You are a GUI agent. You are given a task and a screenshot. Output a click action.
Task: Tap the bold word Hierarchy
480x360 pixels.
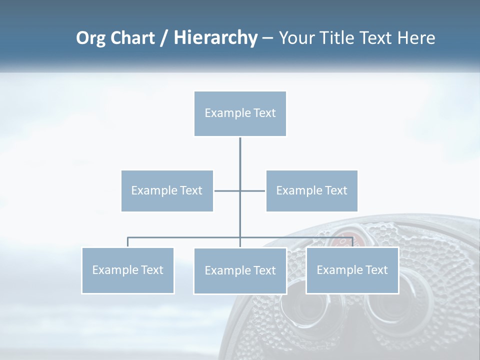215,38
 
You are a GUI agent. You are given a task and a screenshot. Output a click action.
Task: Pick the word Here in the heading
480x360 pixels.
416,38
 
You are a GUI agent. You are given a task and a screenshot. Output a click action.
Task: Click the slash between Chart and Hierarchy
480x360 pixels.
164,38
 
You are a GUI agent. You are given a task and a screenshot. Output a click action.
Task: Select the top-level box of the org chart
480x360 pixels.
240,113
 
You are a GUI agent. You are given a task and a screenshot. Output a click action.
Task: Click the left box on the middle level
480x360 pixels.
167,190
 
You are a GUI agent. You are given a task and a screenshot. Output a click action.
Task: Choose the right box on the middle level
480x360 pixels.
312,190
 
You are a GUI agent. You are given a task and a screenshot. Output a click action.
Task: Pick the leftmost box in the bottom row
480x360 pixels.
127,270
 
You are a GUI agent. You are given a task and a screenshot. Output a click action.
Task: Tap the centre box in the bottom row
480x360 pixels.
240,270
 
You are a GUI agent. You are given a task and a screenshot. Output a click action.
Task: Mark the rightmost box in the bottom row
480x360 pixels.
352,270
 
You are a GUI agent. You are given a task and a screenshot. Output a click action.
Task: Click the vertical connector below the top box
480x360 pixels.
240,160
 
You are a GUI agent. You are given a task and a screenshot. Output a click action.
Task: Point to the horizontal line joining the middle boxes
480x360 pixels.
227,190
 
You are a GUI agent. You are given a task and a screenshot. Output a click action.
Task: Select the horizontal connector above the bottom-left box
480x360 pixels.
175,237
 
